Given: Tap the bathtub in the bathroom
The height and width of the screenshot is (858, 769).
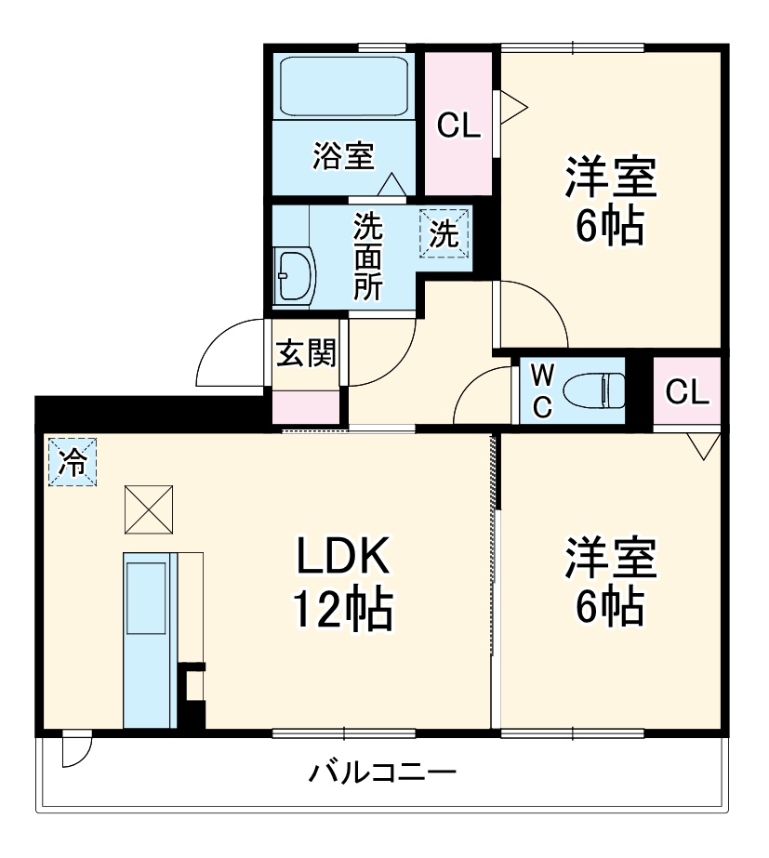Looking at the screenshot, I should [x=344, y=86].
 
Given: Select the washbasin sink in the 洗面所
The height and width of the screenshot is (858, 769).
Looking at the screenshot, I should [x=295, y=275].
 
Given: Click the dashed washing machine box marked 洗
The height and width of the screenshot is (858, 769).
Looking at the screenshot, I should [x=444, y=232].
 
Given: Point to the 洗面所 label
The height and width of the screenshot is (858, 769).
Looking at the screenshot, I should [x=367, y=257].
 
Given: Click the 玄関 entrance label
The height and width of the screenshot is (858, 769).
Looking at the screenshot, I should [x=305, y=354].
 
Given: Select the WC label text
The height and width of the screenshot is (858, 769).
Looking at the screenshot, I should [x=544, y=389].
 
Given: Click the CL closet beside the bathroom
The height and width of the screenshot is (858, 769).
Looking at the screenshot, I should [x=459, y=125].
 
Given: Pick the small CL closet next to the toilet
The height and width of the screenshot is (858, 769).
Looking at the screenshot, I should [x=687, y=392].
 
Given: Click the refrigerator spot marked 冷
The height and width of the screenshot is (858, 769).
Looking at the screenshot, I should [x=71, y=461].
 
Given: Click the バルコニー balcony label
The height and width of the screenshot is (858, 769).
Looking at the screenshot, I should [x=383, y=772].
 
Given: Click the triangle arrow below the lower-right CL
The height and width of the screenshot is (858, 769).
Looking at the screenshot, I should [x=704, y=446].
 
